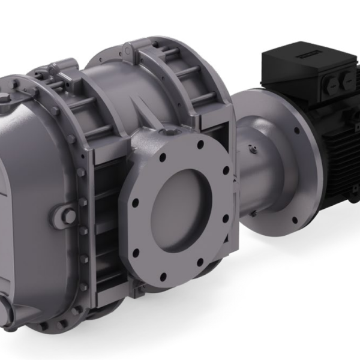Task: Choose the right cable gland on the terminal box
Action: click(347, 81)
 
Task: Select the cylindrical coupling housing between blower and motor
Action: click(258, 174)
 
